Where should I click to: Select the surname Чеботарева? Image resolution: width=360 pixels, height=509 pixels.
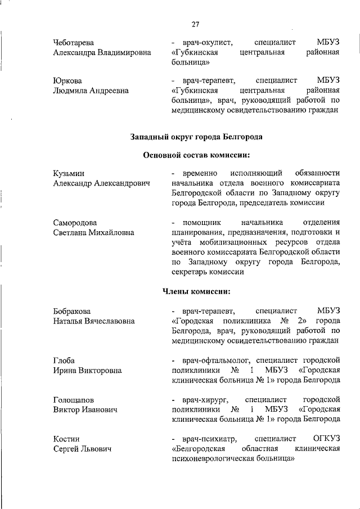[74, 43]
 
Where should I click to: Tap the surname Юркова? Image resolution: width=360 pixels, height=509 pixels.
[67, 80]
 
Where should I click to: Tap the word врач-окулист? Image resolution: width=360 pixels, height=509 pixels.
[204, 43]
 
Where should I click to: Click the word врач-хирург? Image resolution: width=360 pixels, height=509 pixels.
[202, 399]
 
